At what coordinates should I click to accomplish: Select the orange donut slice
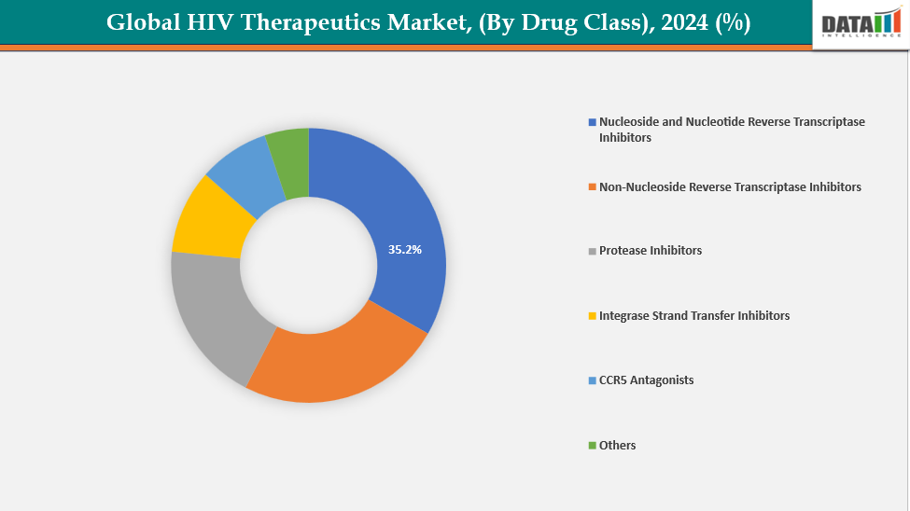click(336, 364)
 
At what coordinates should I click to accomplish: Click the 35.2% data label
click(405, 250)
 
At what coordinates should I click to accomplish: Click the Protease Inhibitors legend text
click(651, 251)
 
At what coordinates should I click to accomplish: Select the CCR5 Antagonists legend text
click(646, 380)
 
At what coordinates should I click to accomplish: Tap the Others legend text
click(617, 446)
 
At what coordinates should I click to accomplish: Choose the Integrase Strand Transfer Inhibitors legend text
click(693, 316)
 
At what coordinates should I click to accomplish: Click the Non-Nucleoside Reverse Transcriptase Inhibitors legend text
click(730, 187)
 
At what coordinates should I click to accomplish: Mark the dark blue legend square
click(592, 122)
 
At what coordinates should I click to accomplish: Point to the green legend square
click(592, 446)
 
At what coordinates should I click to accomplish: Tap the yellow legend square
click(592, 316)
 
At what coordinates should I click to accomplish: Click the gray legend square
click(592, 251)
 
